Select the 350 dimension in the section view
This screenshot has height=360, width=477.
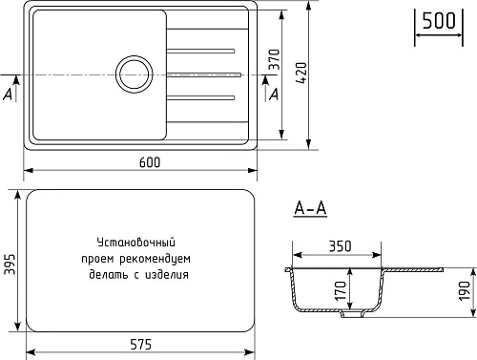(340, 245)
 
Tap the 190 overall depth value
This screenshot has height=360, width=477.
(464, 290)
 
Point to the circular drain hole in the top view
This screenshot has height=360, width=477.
(135, 74)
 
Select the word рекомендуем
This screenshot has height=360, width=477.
(157, 258)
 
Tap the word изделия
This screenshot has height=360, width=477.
(167, 273)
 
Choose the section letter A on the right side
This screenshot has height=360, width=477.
(275, 94)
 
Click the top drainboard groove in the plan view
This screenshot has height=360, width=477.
(201, 49)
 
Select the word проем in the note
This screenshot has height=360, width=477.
(98, 258)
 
